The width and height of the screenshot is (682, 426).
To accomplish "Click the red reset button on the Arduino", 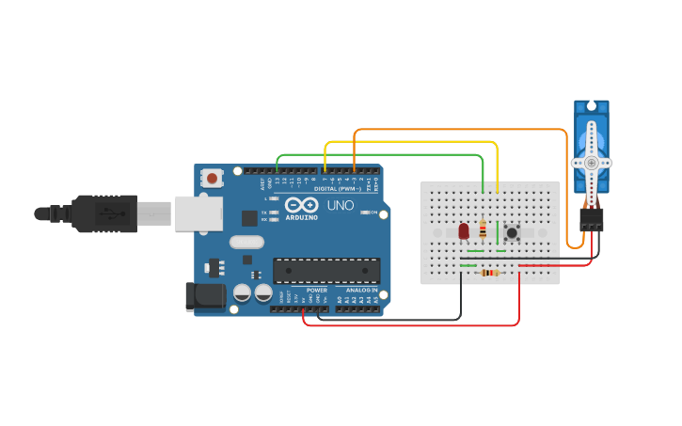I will [213, 177].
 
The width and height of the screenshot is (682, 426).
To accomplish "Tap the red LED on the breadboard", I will [463, 230].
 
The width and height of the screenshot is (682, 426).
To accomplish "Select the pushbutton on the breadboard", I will [513, 232].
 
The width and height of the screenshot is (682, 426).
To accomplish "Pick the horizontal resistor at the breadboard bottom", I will [488, 274].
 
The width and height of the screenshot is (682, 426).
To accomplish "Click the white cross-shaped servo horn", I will [591, 163].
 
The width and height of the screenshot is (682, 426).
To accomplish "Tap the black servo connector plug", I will [592, 220].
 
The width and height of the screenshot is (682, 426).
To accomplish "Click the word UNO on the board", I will [339, 205].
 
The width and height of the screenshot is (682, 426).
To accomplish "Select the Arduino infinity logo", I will [301, 205].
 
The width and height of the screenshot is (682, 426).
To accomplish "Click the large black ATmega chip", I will [326, 270].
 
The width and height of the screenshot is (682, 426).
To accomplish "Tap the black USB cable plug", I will [103, 213].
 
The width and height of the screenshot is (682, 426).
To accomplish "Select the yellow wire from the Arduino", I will [414, 142].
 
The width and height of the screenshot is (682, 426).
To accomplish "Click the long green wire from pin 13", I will [376, 154].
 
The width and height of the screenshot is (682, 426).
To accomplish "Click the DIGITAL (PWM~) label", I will [325, 189].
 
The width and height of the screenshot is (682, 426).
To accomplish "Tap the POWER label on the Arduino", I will [317, 291].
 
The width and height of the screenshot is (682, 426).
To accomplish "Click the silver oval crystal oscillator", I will [246, 242].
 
